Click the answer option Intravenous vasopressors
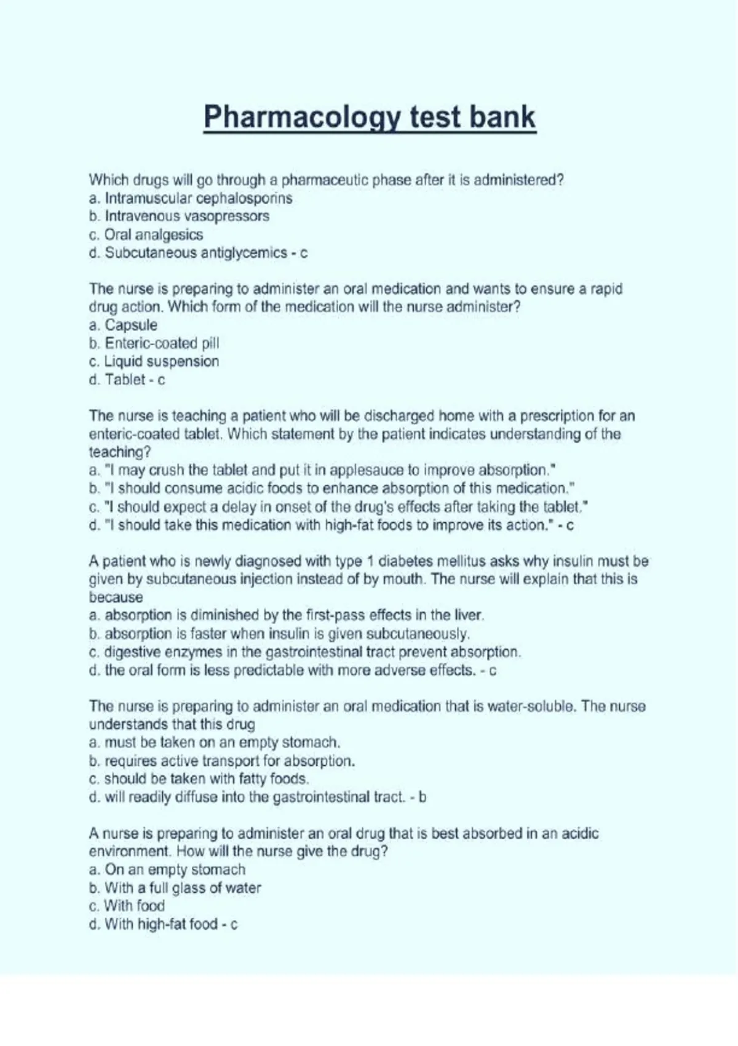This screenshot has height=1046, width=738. click(x=187, y=216)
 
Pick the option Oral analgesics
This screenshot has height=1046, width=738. click(x=153, y=234)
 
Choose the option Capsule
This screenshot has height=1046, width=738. click(x=131, y=325)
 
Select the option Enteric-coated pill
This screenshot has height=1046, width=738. click(x=162, y=343)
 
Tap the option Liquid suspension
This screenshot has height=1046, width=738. click(x=161, y=361)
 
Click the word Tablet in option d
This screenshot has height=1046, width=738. click(x=125, y=380)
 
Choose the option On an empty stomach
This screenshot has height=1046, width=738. click(x=175, y=869)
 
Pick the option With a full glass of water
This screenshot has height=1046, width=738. click(x=183, y=888)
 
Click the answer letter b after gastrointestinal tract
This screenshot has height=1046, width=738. click(x=422, y=797)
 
